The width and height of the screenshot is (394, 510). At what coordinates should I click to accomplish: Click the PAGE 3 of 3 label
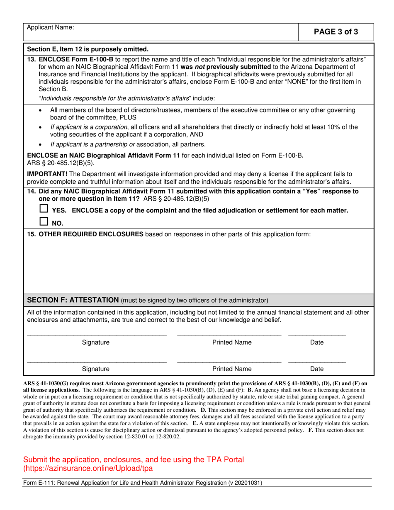[336, 32]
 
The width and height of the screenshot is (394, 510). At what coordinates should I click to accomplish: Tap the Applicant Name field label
[51, 27]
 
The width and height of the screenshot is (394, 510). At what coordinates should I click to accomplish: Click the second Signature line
[96, 361]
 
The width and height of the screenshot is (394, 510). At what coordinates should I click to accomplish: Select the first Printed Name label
[231, 342]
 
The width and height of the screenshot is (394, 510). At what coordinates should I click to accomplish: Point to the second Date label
[317, 368]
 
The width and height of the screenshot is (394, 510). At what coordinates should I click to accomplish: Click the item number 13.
[32, 59]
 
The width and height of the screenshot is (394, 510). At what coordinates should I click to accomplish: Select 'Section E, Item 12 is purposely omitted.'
[88, 49]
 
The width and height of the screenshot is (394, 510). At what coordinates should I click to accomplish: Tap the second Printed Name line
[229, 361]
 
